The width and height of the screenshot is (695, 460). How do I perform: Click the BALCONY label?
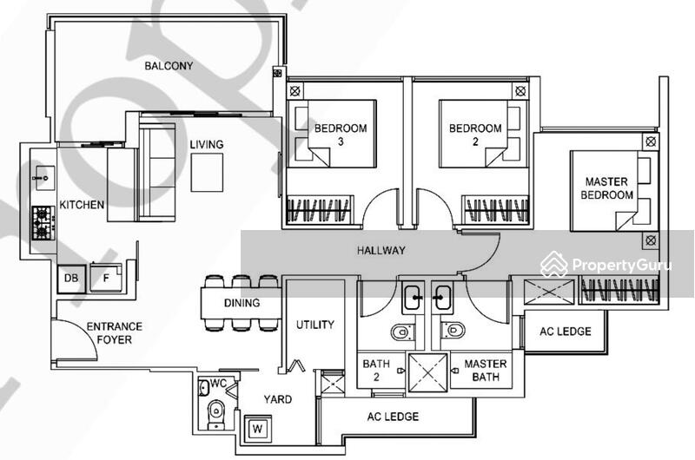[169, 66]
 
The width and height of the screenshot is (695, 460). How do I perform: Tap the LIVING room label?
[207, 144]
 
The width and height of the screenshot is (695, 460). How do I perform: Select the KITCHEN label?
[82, 206]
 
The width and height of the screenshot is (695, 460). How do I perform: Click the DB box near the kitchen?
[70, 279]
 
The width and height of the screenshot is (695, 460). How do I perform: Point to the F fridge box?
[105, 279]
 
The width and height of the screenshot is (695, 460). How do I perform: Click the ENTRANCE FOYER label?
[109, 333]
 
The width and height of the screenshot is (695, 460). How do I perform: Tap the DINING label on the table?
[242, 303]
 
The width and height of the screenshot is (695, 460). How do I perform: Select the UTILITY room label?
[314, 325]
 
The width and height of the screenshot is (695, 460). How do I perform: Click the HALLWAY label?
[381, 251]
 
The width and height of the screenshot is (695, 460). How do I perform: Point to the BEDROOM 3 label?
[341, 135]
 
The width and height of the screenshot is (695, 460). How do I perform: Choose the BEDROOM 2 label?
[475, 135]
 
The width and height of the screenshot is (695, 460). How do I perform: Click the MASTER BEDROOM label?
[607, 188]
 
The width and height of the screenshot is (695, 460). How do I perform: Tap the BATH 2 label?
[376, 370]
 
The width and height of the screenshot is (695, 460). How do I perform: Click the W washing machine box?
[257, 428]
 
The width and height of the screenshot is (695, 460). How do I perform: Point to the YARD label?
[278, 400]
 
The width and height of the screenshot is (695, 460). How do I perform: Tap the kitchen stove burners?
[41, 223]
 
